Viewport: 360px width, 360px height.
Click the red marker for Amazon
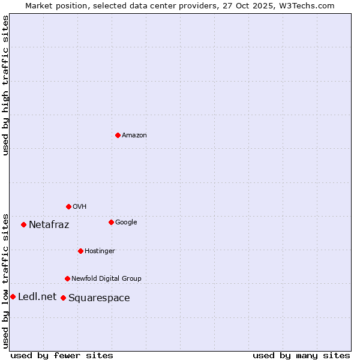coord(118,135)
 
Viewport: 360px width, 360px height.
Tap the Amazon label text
coord(134,136)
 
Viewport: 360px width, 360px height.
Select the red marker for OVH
coord(68,206)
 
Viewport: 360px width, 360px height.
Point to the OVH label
coord(80,207)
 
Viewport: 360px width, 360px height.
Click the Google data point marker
coord(111,222)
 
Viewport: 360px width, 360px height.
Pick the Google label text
coord(126,223)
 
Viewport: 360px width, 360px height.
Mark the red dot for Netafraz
coord(23,224)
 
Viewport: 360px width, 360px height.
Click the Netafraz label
coord(49,225)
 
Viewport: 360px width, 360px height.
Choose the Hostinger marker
coord(80,251)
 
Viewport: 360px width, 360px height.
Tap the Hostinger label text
coord(100,251)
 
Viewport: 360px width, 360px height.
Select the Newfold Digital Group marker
coord(67,278)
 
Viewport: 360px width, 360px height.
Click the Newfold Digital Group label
coord(106,278)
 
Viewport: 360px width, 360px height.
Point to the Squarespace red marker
coord(63,298)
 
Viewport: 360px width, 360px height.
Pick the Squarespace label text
coord(99,298)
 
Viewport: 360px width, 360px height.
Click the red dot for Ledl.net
coord(13,296)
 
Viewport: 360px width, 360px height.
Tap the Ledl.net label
coord(37,297)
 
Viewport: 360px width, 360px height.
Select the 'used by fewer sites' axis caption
coord(62,355)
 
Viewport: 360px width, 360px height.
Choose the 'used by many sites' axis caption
coord(301,355)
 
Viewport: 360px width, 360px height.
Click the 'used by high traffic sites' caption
coord(6,85)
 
